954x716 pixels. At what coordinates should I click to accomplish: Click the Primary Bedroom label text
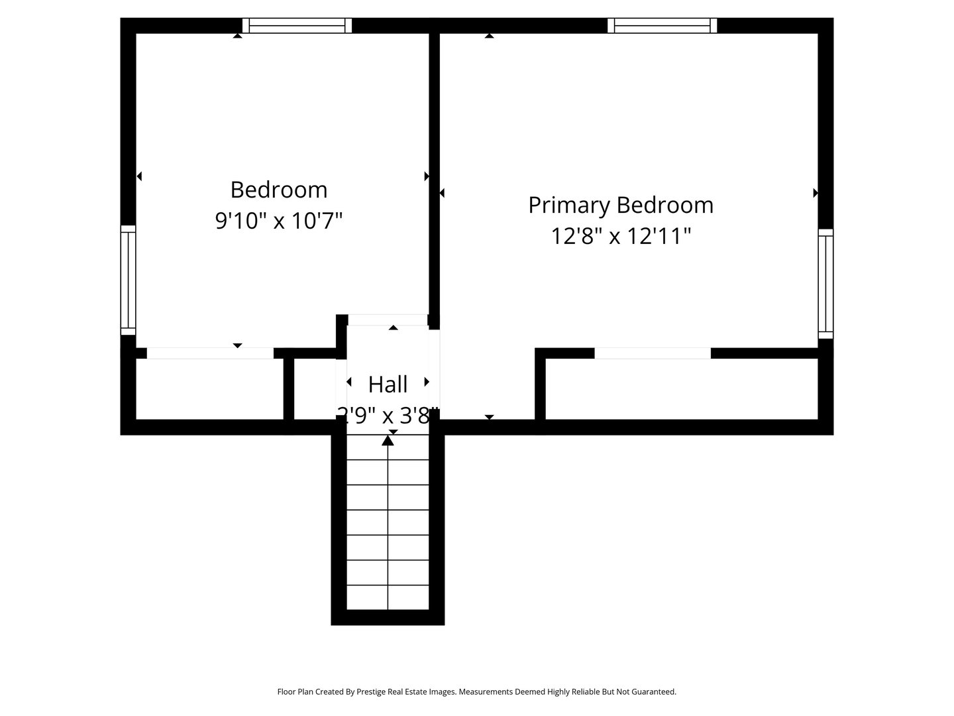(x=621, y=205)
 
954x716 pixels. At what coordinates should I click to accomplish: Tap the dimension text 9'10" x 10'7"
(x=279, y=220)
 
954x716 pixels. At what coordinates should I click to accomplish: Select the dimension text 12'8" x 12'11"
(x=621, y=236)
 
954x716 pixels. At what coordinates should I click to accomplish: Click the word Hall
(x=388, y=384)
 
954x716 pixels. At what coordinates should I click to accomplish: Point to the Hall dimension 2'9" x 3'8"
(x=388, y=416)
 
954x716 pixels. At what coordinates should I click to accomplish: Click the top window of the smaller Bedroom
(x=297, y=26)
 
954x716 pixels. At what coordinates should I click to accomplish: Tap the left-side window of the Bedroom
(x=128, y=280)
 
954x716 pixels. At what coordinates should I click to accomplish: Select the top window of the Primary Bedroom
(x=662, y=26)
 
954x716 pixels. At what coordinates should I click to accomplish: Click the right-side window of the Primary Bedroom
(x=825, y=284)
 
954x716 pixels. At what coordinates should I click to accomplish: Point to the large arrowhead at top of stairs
(x=388, y=440)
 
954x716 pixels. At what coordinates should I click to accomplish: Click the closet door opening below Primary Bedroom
(x=653, y=353)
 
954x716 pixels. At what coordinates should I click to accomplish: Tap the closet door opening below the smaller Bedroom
(x=210, y=353)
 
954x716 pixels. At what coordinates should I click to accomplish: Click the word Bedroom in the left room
(x=279, y=190)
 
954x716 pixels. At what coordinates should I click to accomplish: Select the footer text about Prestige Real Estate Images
(x=476, y=691)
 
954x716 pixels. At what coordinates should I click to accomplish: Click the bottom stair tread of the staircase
(x=388, y=597)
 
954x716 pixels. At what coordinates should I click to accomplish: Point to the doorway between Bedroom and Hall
(x=388, y=320)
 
